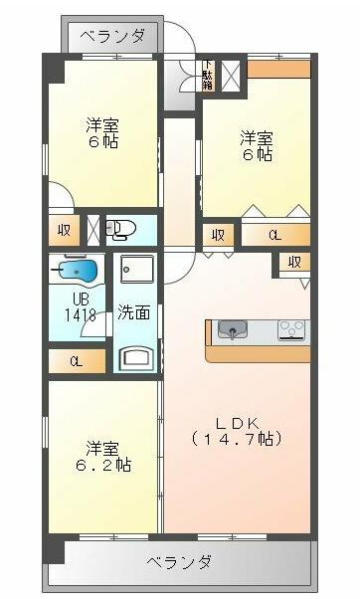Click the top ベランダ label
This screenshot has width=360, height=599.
coord(111,37)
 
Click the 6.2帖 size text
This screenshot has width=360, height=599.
coord(106,465)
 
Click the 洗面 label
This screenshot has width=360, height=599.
coord(134,311)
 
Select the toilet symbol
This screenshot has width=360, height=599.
coord(119,230)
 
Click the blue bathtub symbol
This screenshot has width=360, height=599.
coord(77,270)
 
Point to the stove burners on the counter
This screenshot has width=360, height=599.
coord(292,329)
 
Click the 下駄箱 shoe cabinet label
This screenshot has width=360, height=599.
coord(207,76)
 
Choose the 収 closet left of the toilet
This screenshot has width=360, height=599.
coord(64,230)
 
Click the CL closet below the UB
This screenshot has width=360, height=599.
coord(76,360)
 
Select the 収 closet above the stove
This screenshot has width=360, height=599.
coord(293,262)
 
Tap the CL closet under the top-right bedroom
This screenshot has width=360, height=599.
coord(274,236)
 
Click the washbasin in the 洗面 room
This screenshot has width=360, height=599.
coord(134,355)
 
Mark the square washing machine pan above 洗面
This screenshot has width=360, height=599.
coord(134,272)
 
